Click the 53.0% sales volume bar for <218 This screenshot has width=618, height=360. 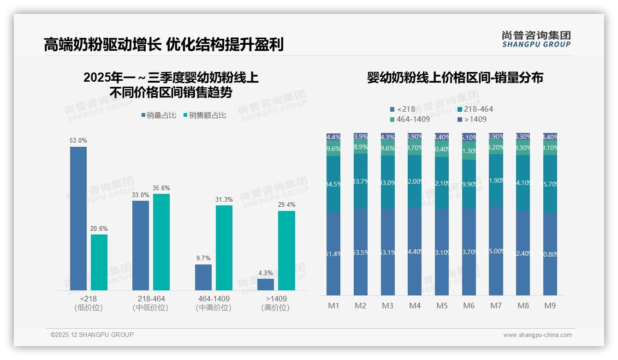coord(78,218)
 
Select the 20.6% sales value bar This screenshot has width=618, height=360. coord(99,262)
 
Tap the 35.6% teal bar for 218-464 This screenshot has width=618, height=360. coord(161,242)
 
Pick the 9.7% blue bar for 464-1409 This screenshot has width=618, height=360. coord(203,277)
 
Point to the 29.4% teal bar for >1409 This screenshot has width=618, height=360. coord(286,251)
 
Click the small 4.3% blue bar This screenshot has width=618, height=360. coord(266,284)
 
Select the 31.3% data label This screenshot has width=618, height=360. coord(224,200)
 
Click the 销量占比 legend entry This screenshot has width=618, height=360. coord(158,115)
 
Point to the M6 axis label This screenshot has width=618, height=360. coord(469,306)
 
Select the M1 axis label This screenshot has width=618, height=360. coord(333,306)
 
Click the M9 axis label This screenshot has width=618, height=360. coord(550,306)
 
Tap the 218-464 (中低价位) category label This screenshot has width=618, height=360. coord(151,303)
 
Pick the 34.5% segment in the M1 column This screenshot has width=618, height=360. coord(333,184)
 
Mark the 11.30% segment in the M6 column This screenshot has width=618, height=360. coord(469,150)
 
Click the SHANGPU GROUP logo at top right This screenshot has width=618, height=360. coord(536,39)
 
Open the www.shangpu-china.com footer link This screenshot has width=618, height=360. coord(537,335)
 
